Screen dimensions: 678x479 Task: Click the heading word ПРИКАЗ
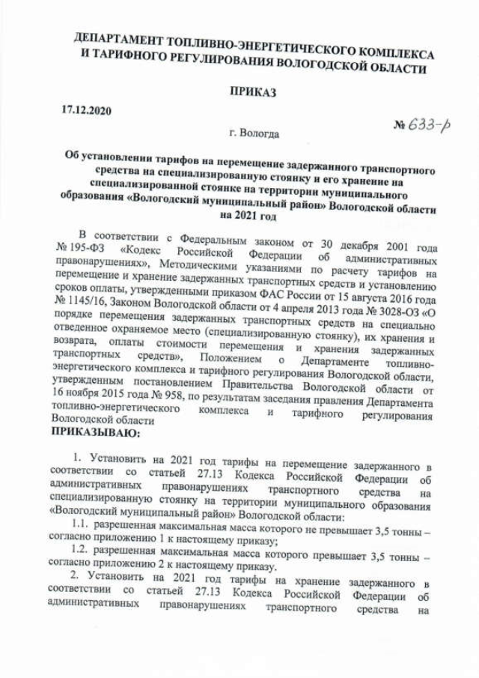[x=251, y=92]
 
